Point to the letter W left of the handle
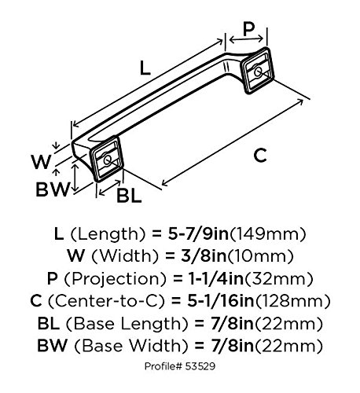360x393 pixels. point(42,162)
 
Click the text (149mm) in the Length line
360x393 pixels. point(267,234)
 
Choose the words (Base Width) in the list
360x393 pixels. point(129,343)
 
